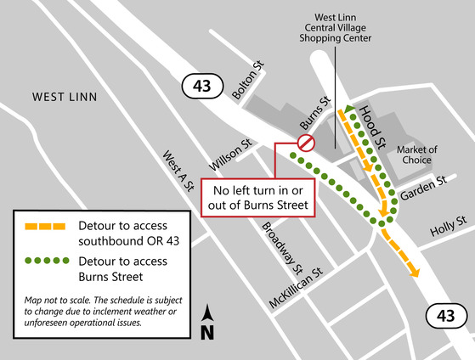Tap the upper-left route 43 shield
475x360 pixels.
[x=201, y=86]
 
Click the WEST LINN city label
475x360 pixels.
[x=65, y=98]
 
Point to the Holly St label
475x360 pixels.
[x=449, y=223]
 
